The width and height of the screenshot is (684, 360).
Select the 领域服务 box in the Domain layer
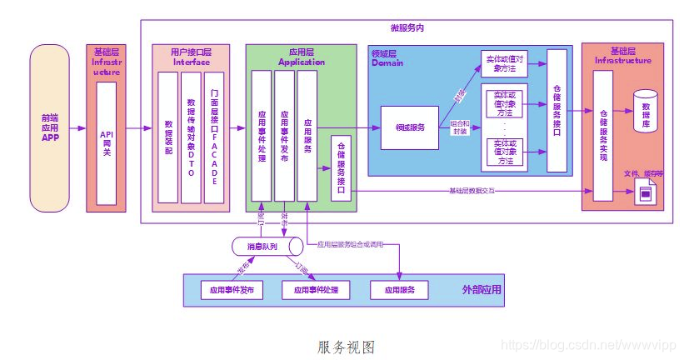tap(410, 127)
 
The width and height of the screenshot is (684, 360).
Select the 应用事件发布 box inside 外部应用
tap(232, 290)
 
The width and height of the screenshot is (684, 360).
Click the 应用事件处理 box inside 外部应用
tap(316, 290)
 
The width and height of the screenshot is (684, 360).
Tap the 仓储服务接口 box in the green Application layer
tap(341, 167)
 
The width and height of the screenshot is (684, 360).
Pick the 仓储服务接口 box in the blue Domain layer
tap(557, 110)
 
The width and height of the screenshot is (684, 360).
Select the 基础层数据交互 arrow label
tap(472, 191)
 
